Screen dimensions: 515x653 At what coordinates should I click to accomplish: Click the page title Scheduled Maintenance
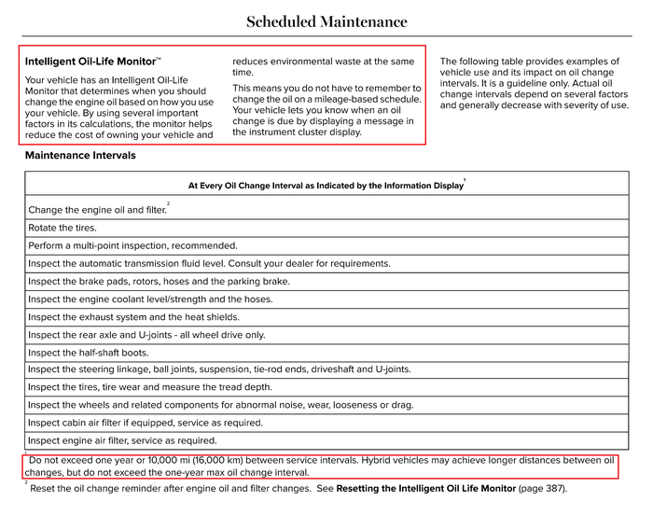326,21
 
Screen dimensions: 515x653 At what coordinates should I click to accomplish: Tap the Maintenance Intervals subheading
80,155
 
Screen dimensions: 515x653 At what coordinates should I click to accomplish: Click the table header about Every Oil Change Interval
326,186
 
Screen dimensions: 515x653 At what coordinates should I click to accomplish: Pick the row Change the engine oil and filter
97,210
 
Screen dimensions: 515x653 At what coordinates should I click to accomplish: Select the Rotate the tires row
63,228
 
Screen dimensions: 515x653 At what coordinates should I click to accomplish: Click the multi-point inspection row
132,245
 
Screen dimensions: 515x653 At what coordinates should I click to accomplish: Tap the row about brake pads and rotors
159,281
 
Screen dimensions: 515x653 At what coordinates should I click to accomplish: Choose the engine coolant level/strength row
150,299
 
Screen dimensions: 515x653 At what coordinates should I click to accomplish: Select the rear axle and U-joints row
146,335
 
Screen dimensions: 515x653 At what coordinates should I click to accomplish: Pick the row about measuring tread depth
150,387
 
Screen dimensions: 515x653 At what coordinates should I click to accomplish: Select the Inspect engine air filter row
122,440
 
